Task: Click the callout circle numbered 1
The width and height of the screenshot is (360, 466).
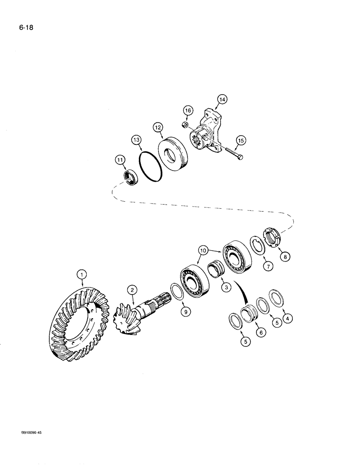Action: [x=82, y=275]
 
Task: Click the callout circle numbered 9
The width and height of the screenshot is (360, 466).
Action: [x=186, y=312]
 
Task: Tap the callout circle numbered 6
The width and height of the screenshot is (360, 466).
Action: [x=261, y=332]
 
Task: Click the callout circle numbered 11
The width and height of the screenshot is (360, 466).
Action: [x=121, y=160]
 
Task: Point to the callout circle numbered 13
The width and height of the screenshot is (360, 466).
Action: [x=136, y=140]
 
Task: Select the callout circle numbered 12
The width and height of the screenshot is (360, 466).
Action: [x=158, y=127]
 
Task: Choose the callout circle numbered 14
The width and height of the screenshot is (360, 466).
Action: [x=222, y=99]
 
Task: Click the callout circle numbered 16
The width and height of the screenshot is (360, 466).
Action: [x=187, y=110]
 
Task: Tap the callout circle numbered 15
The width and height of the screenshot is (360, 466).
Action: [x=240, y=140]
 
